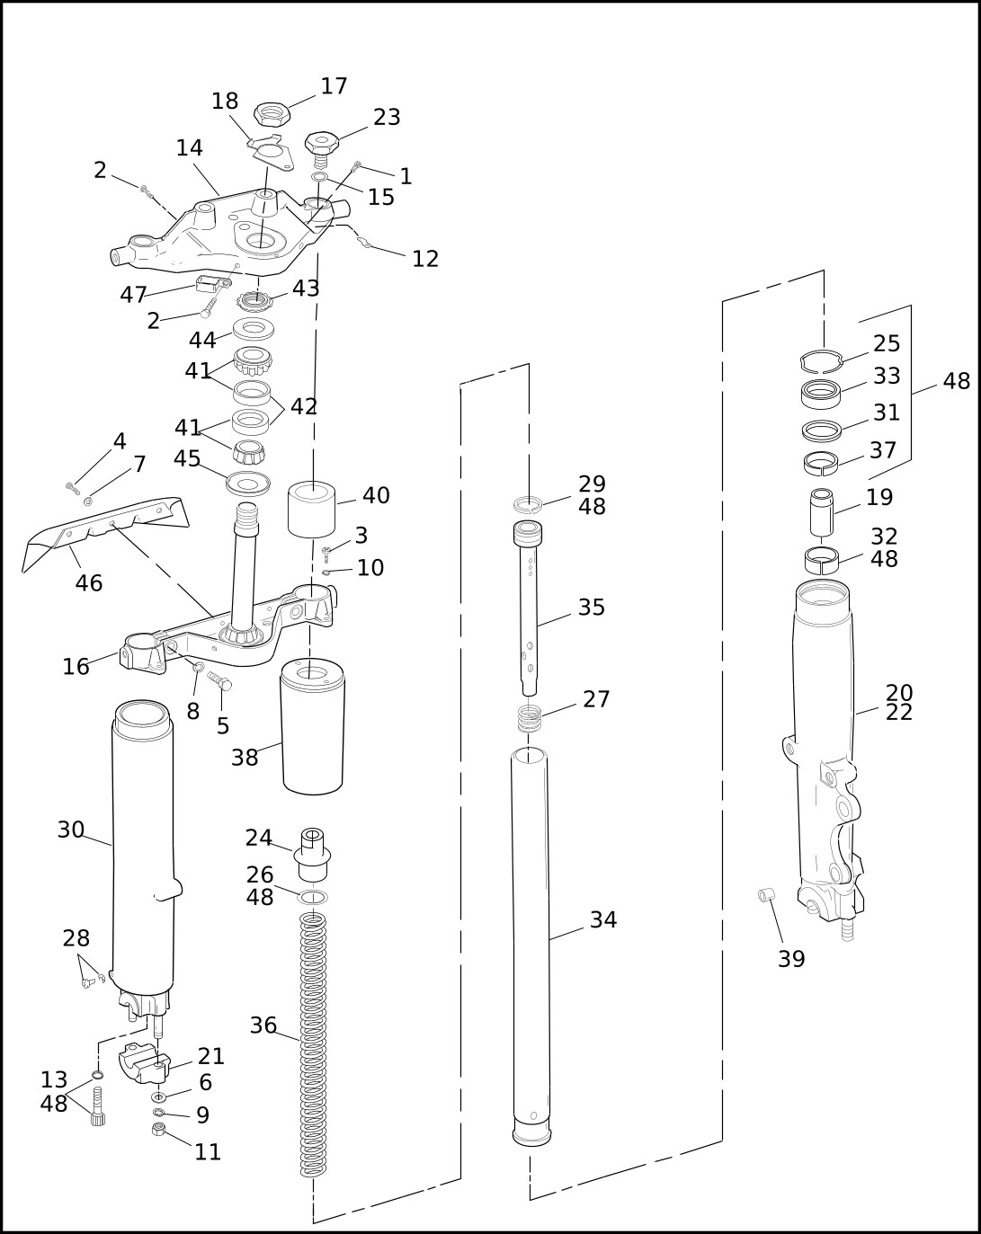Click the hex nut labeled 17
(272, 115)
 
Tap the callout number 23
(387, 117)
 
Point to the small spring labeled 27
(530, 718)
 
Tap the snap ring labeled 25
(822, 361)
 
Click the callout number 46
(88, 583)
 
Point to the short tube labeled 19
(821, 511)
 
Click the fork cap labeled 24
(312, 855)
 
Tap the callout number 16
(76, 666)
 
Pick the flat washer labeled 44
(253, 329)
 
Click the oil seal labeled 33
(822, 395)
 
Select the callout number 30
(70, 830)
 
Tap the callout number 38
(245, 758)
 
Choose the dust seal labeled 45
(248, 483)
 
